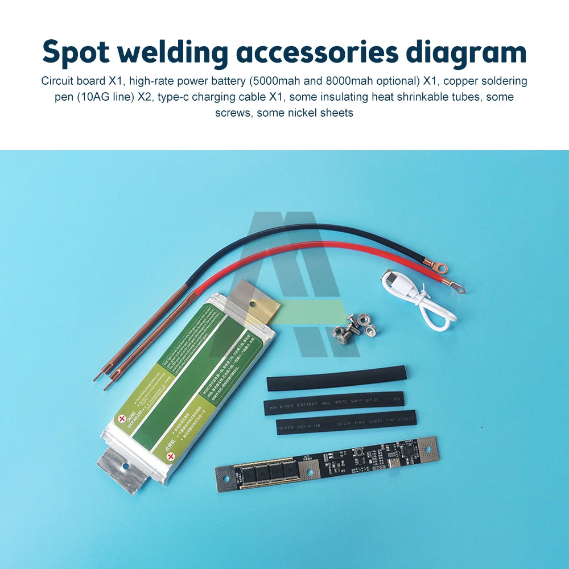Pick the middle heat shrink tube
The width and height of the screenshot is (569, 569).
coord(333,402)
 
